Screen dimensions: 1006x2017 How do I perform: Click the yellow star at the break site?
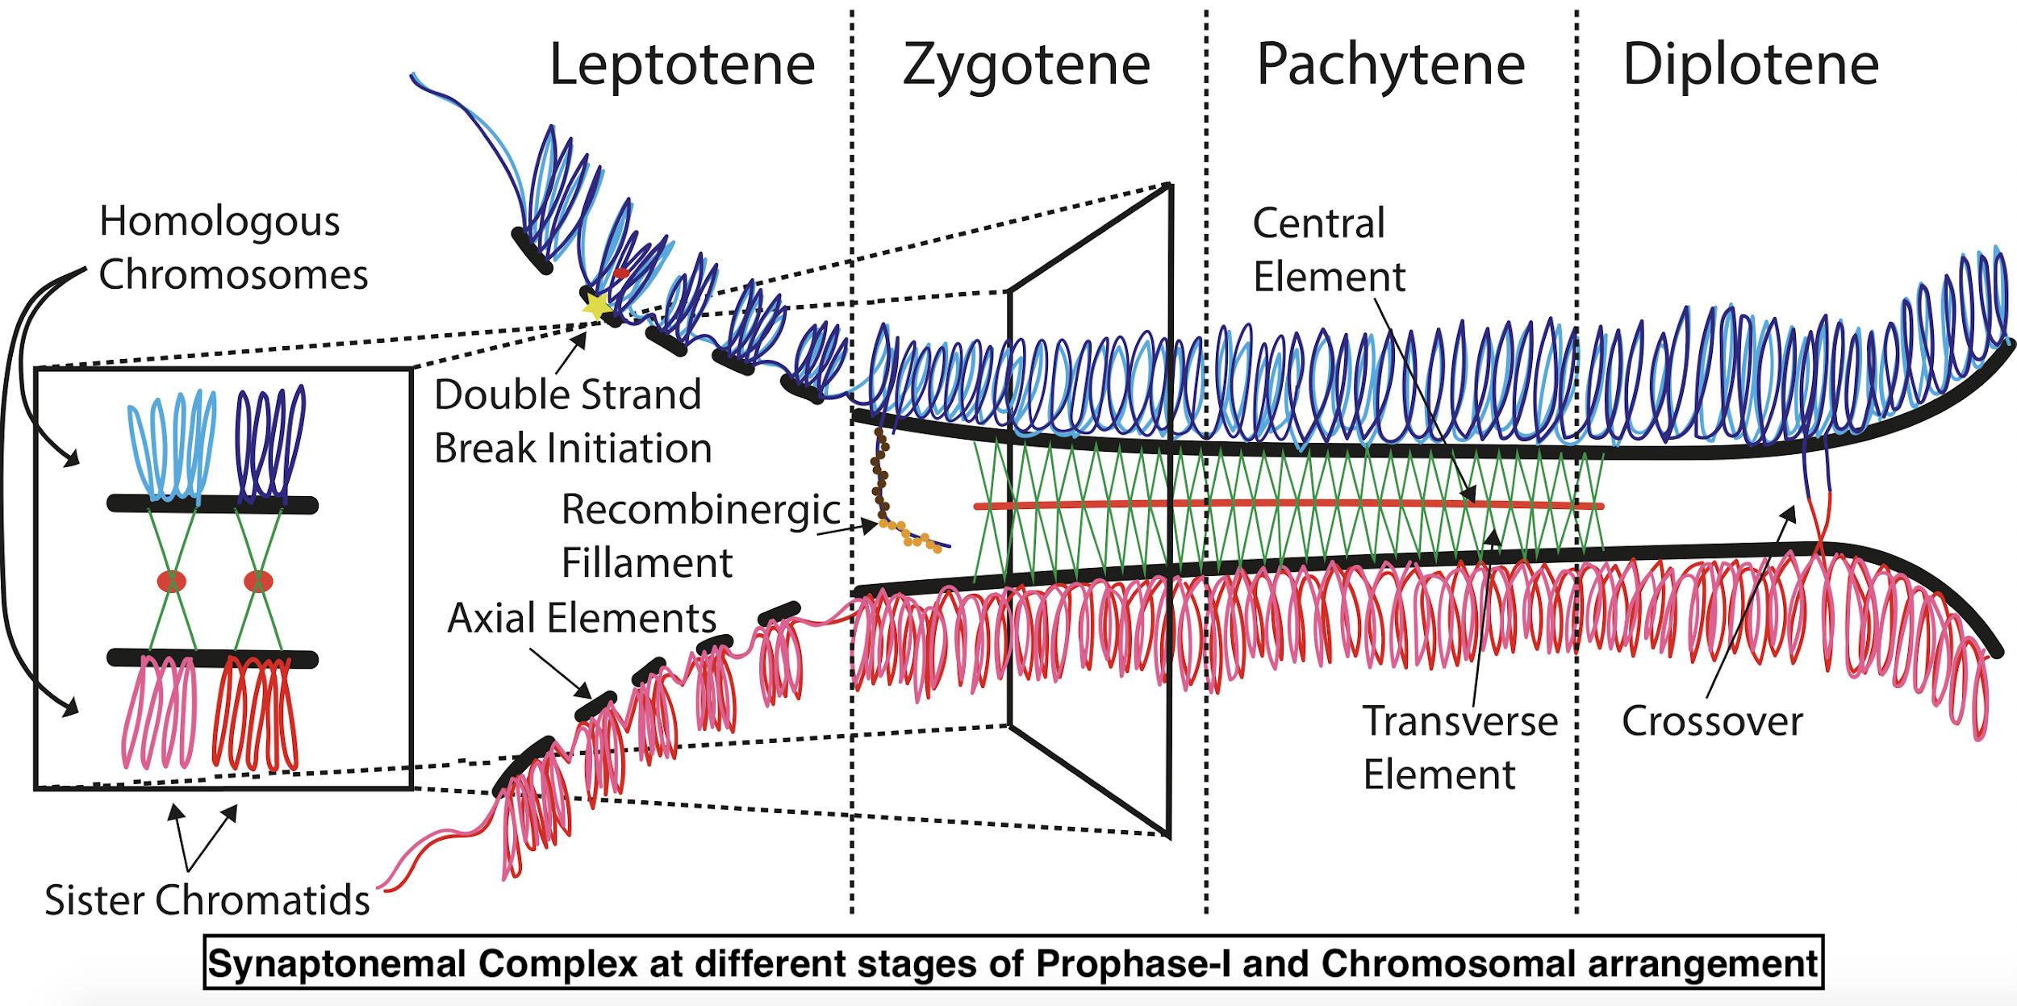pos(597,306)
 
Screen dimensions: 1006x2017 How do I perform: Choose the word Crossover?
pos(1712,721)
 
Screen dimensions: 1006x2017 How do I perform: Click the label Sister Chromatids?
pos(207,900)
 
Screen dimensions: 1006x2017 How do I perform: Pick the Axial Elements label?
pos(582,618)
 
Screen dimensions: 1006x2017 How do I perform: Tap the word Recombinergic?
pos(701,510)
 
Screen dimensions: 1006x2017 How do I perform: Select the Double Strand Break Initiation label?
pos(572,421)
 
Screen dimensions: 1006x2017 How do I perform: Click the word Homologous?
pos(219,221)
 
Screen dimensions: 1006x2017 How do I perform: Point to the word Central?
pos(1318,223)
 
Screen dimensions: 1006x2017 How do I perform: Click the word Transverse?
pos(1460,721)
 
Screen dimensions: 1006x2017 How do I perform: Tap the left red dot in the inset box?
pos(172,581)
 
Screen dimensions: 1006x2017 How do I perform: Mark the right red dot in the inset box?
pos(258,581)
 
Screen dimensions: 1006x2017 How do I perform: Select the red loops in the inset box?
pos(256,714)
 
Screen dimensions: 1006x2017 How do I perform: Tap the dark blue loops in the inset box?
pos(269,443)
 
